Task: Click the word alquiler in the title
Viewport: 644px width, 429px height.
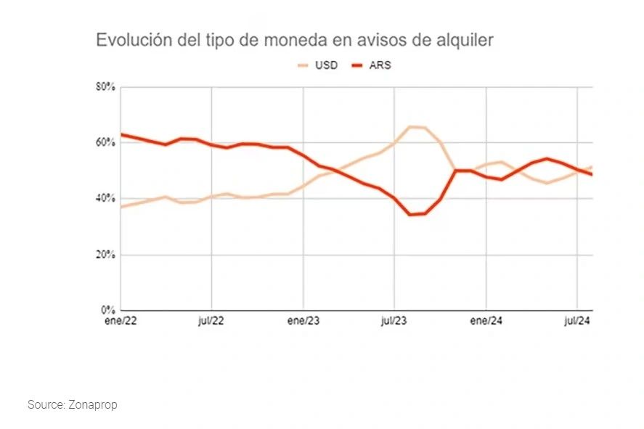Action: click(x=465, y=41)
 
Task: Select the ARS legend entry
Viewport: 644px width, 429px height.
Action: click(x=380, y=65)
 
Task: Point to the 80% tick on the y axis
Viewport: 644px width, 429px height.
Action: click(x=106, y=87)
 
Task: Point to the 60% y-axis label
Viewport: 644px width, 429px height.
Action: click(x=106, y=143)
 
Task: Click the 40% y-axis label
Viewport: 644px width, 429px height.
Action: click(x=106, y=199)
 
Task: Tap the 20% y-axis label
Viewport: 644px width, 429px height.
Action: click(x=106, y=255)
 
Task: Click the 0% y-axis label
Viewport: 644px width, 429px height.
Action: click(x=108, y=311)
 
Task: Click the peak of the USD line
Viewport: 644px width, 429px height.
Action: click(x=411, y=127)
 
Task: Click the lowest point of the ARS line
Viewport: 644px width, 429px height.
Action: click(x=411, y=215)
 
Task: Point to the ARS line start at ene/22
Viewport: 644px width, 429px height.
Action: click(x=121, y=134)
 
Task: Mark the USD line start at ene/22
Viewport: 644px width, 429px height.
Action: click(x=121, y=207)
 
